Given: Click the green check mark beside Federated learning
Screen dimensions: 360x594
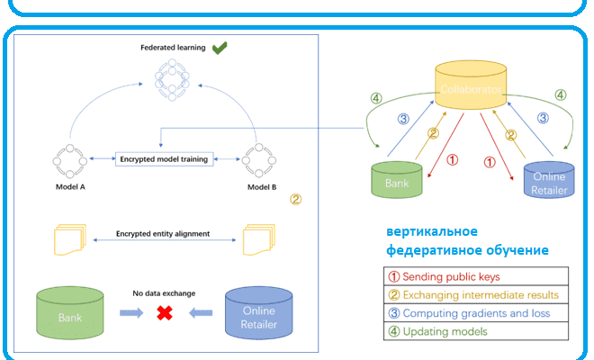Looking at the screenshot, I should click(x=220, y=49).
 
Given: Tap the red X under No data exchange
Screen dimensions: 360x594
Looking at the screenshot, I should click(x=165, y=312).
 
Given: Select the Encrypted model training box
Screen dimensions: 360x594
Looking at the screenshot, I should click(x=164, y=159).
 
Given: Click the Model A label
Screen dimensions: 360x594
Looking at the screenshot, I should click(x=68, y=189).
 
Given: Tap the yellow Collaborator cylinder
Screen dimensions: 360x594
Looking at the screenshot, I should click(x=471, y=88).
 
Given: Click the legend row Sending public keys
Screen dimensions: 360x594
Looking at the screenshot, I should click(x=477, y=276).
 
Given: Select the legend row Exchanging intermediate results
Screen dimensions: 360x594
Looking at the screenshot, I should click(x=477, y=294).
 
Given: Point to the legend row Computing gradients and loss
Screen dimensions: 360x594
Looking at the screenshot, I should click(x=477, y=313).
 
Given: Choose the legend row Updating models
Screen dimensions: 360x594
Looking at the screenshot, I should click(x=477, y=332).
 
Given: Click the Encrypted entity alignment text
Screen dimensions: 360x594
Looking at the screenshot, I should click(x=163, y=233).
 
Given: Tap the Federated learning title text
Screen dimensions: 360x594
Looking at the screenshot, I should click(x=173, y=48).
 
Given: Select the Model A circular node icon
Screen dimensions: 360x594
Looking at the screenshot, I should click(x=68, y=160).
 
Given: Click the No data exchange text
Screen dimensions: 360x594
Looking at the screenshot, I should click(x=164, y=292).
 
